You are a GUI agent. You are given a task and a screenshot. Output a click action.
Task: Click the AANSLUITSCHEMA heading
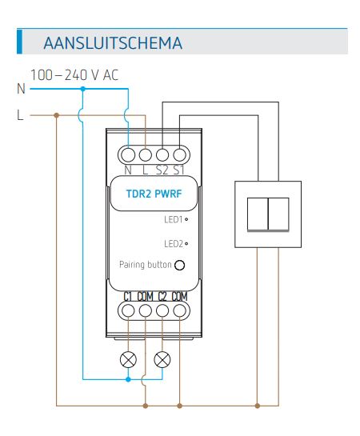pos(113,43)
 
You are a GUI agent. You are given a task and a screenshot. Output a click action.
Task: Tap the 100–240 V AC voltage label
pos(74,74)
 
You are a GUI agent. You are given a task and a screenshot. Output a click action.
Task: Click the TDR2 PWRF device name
pos(154,194)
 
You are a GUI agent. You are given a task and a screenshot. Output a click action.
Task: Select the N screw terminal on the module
pos(128,155)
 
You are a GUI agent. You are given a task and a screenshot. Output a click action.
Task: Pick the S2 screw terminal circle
pos(162,155)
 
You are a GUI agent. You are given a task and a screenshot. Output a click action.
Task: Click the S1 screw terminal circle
pos(179,155)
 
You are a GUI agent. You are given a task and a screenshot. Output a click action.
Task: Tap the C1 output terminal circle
pos(128,310)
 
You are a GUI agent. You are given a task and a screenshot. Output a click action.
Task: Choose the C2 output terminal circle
pos(162,310)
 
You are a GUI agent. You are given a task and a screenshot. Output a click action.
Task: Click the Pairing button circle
pos(179,265)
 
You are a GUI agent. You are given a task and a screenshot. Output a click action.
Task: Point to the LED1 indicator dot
pos(186,219)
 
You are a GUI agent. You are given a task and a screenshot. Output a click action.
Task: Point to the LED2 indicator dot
pos(186,243)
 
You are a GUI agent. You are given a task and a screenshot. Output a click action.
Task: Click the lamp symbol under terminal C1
pos(128,359)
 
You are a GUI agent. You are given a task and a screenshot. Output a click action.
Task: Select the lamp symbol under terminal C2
pos(162,359)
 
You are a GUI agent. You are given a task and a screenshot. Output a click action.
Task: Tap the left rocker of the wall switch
pos(258,214)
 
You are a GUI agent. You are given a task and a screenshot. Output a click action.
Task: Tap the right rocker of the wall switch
pos(278,214)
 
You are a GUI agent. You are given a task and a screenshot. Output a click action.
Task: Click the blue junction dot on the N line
pos(83,89)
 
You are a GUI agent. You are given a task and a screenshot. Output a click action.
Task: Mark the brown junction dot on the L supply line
pos(57,115)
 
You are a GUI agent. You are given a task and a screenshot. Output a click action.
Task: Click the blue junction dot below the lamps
pos(128,379)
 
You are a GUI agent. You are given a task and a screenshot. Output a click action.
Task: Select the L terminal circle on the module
pos(146,155)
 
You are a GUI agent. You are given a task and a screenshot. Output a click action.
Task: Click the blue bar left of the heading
pos(19,41)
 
